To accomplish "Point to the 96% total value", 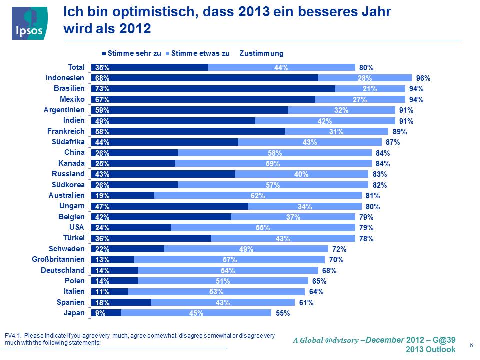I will (x=423, y=78).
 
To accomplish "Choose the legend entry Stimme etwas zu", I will (x=200, y=53).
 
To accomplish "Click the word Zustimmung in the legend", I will (x=261, y=53).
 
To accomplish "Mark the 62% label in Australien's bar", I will (x=258, y=196).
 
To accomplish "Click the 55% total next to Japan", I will (x=283, y=313).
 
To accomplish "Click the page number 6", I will (x=472, y=345).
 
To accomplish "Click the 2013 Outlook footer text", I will (x=430, y=349).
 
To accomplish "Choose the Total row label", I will (x=76, y=67).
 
